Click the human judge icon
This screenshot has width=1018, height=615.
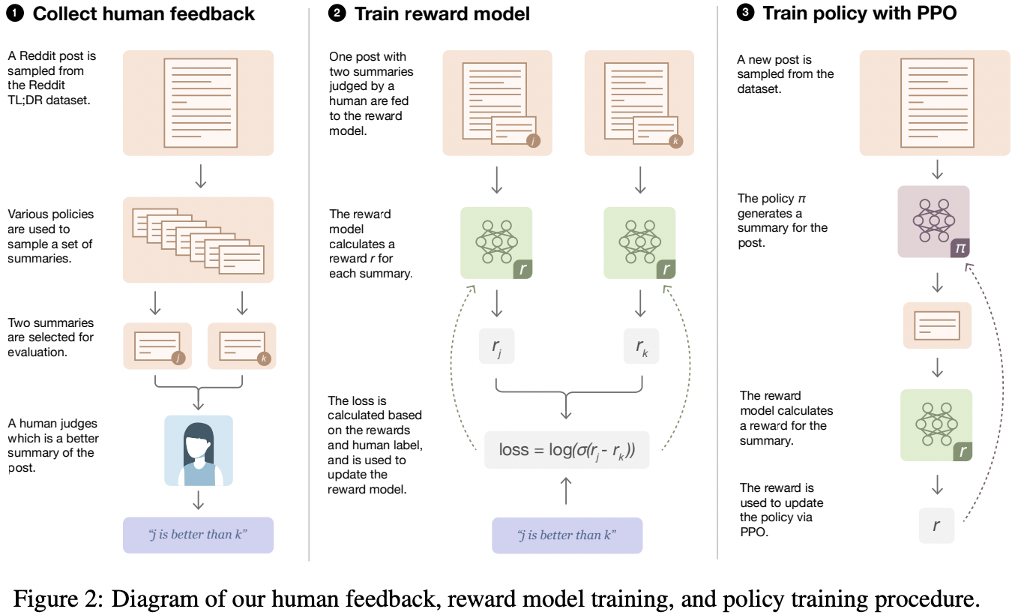coord(199,451)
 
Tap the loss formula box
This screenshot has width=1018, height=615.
coord(566,450)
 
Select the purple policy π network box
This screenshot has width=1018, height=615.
coord(933,221)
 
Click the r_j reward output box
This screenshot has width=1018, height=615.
coord(497,346)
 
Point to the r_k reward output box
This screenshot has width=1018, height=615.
coord(641,346)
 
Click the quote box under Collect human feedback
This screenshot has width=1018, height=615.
coord(198,535)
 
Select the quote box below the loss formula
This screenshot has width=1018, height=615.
coord(567,535)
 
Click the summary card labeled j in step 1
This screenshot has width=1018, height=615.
coord(157,346)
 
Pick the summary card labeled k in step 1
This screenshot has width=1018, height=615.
coord(241,346)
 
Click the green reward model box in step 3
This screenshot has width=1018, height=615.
coord(936,424)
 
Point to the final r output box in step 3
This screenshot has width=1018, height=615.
coord(936,525)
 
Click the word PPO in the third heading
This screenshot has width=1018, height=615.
coord(933,13)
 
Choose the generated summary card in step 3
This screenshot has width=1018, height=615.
coord(936,325)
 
